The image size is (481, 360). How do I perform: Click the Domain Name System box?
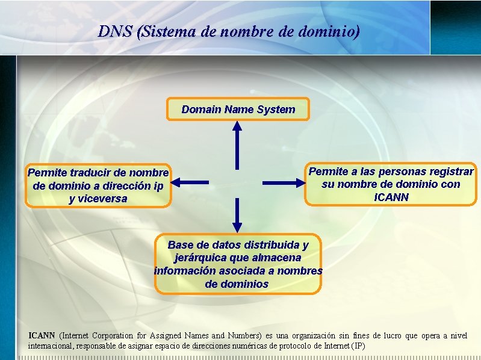tap(238, 110)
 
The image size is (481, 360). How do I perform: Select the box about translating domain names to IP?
tap(98, 186)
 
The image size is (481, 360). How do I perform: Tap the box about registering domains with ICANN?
tap(391, 184)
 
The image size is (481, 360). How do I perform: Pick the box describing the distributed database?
tap(238, 264)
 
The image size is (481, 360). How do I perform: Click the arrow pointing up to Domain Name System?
tap(237, 144)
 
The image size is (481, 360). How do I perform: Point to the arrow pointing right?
tap(283, 182)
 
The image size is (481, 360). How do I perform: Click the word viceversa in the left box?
tap(98, 199)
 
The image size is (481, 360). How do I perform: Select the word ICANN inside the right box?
tap(391, 197)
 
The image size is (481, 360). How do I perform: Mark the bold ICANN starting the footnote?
tap(42, 335)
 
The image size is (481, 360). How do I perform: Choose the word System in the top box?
tap(276, 110)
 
